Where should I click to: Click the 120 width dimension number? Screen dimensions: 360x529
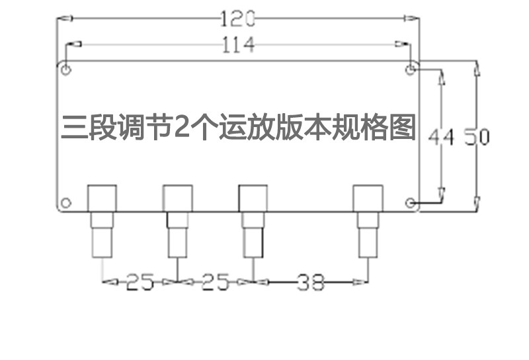(237, 19)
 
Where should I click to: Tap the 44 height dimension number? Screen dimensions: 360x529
(442, 138)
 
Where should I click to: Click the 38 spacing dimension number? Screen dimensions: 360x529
(309, 283)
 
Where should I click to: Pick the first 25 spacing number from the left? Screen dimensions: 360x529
(140, 283)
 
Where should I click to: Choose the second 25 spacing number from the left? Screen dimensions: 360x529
(215, 283)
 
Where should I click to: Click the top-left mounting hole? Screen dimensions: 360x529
(65, 69)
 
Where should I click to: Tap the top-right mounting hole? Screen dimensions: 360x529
(411, 69)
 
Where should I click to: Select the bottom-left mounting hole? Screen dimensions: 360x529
(65, 202)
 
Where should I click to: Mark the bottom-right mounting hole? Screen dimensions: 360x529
(411, 202)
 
